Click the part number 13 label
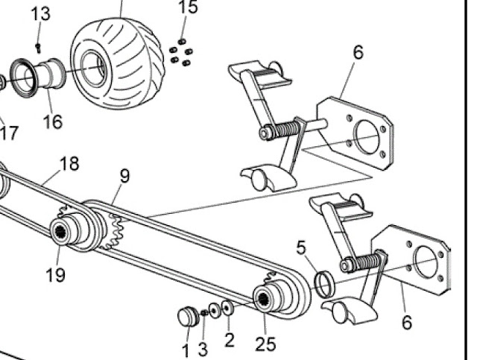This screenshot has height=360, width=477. coord(40,14)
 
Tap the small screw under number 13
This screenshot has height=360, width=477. coord(38,48)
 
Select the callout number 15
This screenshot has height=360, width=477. coord(188,7)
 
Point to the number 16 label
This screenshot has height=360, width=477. coord(53,121)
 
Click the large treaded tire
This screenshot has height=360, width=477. coord(118,63)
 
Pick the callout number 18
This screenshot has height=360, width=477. coord(69,163)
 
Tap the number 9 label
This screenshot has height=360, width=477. coord(124,176)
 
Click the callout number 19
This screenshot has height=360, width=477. coord(56,275)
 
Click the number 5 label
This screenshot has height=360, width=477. coord(300,247)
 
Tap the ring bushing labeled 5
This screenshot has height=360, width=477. coord(325,284)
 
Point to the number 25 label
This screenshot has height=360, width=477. coord(265,344)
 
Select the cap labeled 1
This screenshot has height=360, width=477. coord(189,317)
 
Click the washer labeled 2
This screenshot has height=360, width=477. coord(227,308)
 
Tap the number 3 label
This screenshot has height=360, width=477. coord(203,350)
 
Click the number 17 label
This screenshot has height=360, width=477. coord(9,133)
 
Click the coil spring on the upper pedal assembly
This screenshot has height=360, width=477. coord(284,129)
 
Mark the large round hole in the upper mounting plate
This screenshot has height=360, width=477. coord(367,136)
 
